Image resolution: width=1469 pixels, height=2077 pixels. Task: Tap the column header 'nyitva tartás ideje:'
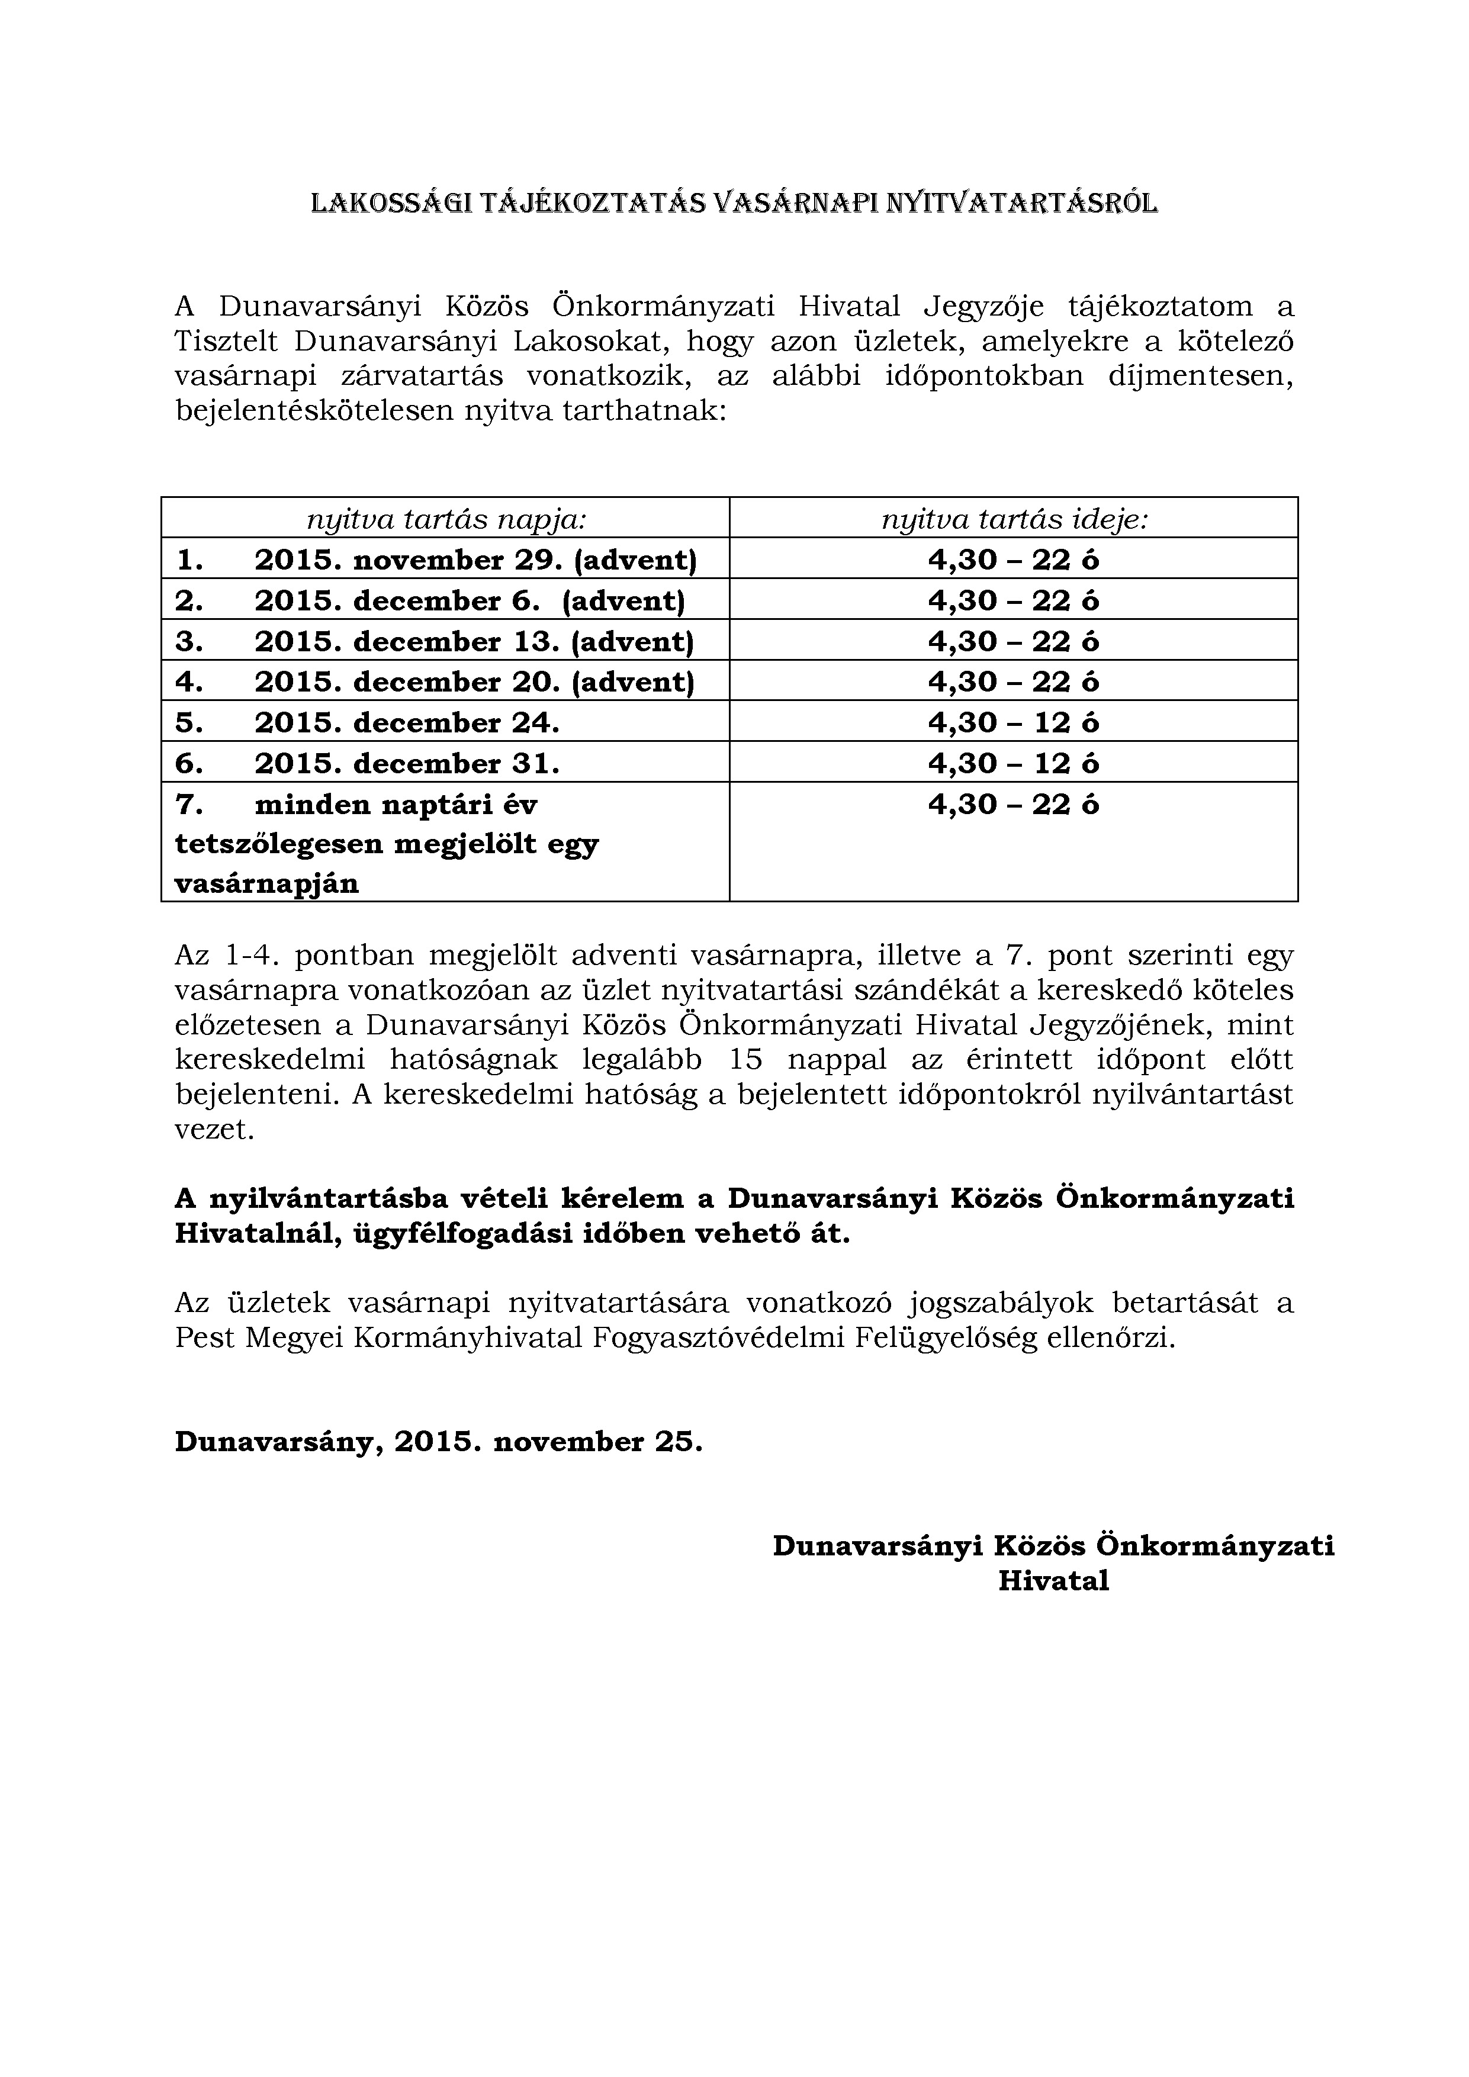click(1014, 519)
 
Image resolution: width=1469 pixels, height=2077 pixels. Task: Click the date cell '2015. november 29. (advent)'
click(476, 560)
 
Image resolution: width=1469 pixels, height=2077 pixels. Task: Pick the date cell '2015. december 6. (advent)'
click(470, 601)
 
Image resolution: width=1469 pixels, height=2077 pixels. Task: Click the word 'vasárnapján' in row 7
click(267, 884)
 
